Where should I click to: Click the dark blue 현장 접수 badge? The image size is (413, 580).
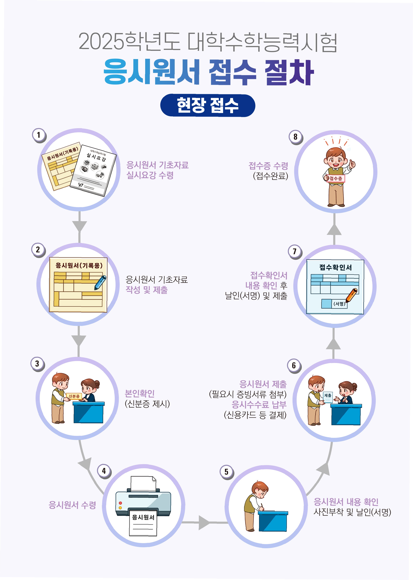[x=207, y=105]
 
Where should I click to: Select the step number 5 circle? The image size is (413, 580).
[x=226, y=472]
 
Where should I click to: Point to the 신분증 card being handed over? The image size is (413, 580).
[x=74, y=396]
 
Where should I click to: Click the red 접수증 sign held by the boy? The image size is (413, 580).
[x=336, y=179]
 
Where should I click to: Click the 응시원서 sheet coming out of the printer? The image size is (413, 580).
[x=143, y=523]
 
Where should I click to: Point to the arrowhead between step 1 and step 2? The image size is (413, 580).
[x=79, y=226]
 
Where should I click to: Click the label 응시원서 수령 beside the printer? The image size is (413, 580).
[x=72, y=505]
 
